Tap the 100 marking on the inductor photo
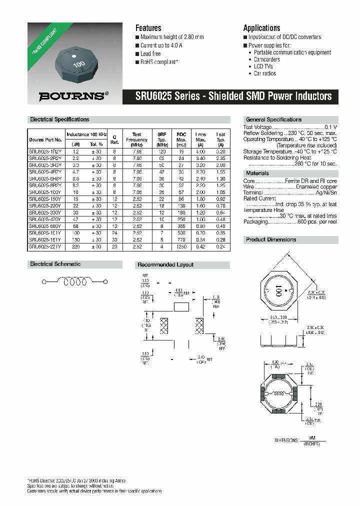[x=78, y=64]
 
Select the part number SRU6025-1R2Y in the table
[x=45, y=151]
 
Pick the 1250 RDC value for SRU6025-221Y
[x=181, y=246]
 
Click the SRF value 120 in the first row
[x=161, y=151]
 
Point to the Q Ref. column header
[x=114, y=137]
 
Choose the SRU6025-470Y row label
[x=45, y=219]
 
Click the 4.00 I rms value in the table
[x=200, y=151]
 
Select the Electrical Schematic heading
[x=55, y=264]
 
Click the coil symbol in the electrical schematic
[x=74, y=282]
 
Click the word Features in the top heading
[x=148, y=28]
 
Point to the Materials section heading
[x=257, y=173]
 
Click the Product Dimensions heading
[x=271, y=240]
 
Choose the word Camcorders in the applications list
[x=267, y=59]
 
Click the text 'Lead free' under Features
[x=150, y=53]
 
